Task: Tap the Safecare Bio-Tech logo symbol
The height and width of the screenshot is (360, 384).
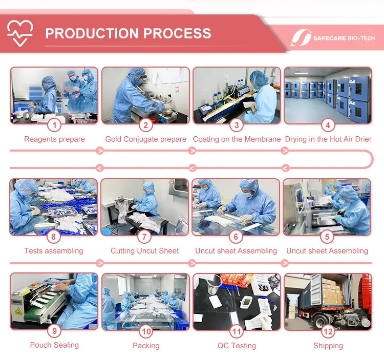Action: tap(301, 38)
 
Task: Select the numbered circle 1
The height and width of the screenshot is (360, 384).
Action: tap(54, 125)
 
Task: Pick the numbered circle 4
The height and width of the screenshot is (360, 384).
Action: tap(328, 125)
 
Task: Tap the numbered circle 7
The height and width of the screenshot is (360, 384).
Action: tap(144, 237)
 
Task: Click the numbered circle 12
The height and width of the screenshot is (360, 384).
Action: tap(328, 331)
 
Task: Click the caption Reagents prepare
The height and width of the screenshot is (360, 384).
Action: tap(54, 139)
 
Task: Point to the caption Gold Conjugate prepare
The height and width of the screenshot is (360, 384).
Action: tap(146, 139)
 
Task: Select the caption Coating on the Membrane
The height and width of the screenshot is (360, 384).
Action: tap(237, 139)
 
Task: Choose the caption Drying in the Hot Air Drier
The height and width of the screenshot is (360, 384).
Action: tap(328, 139)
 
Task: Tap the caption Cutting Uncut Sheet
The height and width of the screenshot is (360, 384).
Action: tap(144, 251)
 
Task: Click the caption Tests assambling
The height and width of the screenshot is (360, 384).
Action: tap(54, 251)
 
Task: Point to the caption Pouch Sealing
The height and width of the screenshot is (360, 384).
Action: tap(54, 345)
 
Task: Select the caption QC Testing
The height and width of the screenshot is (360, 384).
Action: tap(237, 346)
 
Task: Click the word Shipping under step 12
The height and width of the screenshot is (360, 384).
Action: tap(328, 346)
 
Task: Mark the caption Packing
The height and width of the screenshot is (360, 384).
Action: tap(146, 346)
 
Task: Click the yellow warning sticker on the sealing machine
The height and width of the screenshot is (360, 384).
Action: tap(18, 311)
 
